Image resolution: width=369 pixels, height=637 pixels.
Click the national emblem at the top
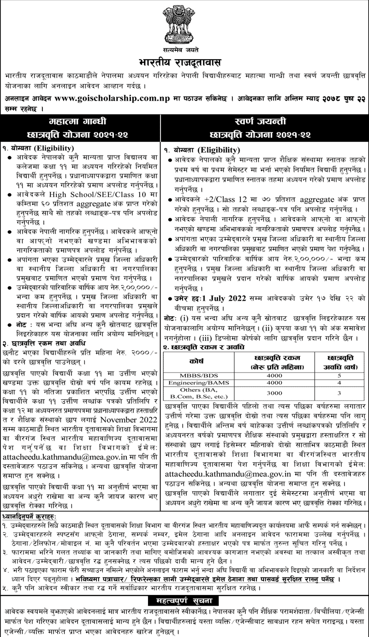pyautogui.click(x=184, y=23)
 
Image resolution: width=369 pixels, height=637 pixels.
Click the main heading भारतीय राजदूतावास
pyautogui.click(x=184, y=61)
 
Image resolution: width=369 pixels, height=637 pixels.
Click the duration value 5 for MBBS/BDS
pyautogui.click(x=339, y=374)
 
